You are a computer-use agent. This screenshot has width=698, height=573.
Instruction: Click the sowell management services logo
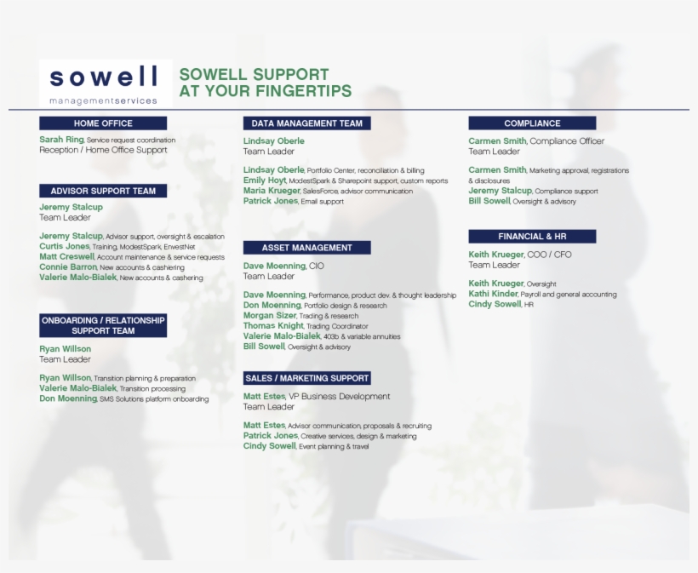(x=104, y=83)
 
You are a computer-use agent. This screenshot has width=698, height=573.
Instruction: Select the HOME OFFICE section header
(x=103, y=123)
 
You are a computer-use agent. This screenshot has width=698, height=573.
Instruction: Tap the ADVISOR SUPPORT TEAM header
(x=103, y=191)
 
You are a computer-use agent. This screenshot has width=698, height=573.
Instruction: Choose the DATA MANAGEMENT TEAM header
(x=306, y=123)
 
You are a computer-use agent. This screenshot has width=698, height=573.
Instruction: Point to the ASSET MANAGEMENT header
(x=306, y=248)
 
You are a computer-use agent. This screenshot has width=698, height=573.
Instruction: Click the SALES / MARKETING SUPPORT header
(x=306, y=378)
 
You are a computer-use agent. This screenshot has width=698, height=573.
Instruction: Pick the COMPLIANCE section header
(x=532, y=123)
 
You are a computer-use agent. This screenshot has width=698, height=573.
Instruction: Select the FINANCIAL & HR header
(x=532, y=237)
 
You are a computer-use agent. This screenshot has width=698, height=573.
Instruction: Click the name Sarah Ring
(x=61, y=140)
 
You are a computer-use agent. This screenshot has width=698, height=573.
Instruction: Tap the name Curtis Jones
(x=64, y=246)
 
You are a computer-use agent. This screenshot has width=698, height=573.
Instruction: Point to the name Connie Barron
(x=68, y=266)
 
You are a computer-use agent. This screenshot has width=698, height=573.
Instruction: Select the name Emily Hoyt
(x=265, y=180)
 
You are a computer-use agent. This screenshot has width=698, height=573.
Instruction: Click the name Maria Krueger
(x=272, y=191)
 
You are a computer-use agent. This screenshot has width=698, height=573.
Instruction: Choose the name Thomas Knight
(x=273, y=325)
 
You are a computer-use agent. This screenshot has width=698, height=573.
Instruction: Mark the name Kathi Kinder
(x=493, y=294)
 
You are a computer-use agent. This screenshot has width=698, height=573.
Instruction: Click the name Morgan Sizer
(x=270, y=315)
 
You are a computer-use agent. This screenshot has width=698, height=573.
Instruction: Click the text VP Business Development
(x=340, y=396)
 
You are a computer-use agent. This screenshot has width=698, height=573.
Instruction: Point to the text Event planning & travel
(x=334, y=446)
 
